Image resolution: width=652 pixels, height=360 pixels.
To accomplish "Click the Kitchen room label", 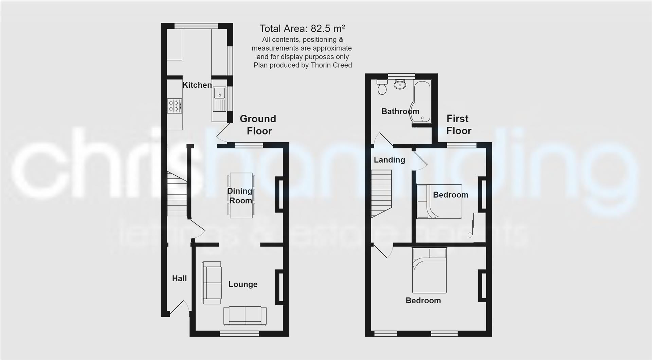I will [197, 85].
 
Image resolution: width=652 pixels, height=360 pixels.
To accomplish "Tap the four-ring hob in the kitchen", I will [175, 106].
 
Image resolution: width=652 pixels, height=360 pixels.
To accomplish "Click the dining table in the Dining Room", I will [241, 195].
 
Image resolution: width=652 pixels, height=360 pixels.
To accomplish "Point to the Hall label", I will [179, 278].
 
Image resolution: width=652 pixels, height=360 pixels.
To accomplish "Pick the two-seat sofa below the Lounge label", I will [245, 316].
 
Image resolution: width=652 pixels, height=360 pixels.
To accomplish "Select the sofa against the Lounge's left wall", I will [212, 283].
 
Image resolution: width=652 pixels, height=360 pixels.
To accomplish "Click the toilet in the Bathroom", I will [382, 88].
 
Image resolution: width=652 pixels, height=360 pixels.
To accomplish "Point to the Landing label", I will [390, 160].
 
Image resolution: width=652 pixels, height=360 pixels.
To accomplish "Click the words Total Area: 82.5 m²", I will [302, 29].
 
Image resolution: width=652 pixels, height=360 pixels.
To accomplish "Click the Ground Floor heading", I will [258, 125].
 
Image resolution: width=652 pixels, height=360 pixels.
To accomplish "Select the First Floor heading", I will [458, 125].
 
